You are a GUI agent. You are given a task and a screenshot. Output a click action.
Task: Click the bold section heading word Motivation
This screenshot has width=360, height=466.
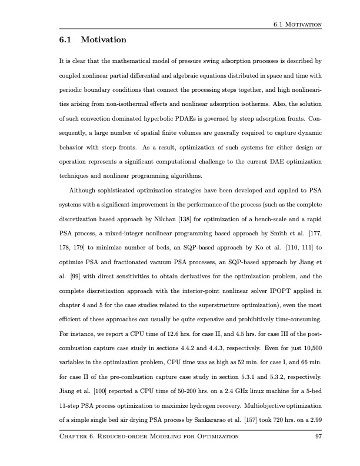tap(103, 40)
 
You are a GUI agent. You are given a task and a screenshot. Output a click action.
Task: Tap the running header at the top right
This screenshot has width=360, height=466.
tap(297, 25)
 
